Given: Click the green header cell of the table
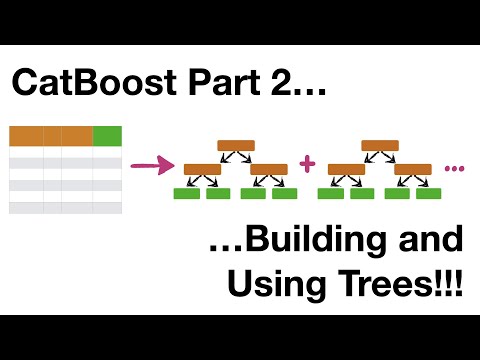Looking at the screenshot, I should [x=107, y=136].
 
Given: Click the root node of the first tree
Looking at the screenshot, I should [x=235, y=145].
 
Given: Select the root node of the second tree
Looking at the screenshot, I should [x=380, y=145].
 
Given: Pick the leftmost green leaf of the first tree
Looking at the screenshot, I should [x=186, y=192].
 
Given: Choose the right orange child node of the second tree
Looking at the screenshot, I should [x=412, y=169].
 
